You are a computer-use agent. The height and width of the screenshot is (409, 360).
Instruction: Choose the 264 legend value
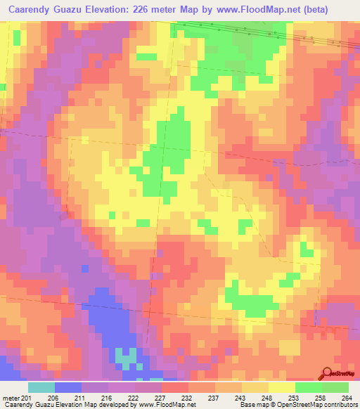[347, 398]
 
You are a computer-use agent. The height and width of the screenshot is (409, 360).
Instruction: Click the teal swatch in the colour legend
[41, 387]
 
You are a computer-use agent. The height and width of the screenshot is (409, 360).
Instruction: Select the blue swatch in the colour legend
[68, 387]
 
